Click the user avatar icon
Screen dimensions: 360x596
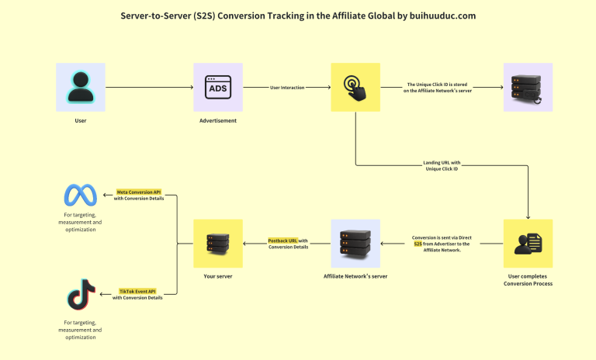point(80,88)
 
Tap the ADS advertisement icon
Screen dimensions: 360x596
point(217,88)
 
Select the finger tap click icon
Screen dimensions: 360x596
point(355,88)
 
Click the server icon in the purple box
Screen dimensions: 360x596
point(528,88)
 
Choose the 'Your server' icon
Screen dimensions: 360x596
point(217,244)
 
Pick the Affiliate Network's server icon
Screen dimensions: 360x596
point(355,244)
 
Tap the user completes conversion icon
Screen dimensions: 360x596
point(528,244)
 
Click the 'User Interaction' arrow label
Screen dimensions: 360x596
point(286,88)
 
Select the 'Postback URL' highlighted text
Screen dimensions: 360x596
point(282,241)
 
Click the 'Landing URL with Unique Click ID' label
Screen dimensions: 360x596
point(442,166)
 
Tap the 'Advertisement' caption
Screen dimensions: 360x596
point(217,121)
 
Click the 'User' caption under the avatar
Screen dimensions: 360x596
point(80,121)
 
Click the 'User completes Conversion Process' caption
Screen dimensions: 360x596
point(528,280)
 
